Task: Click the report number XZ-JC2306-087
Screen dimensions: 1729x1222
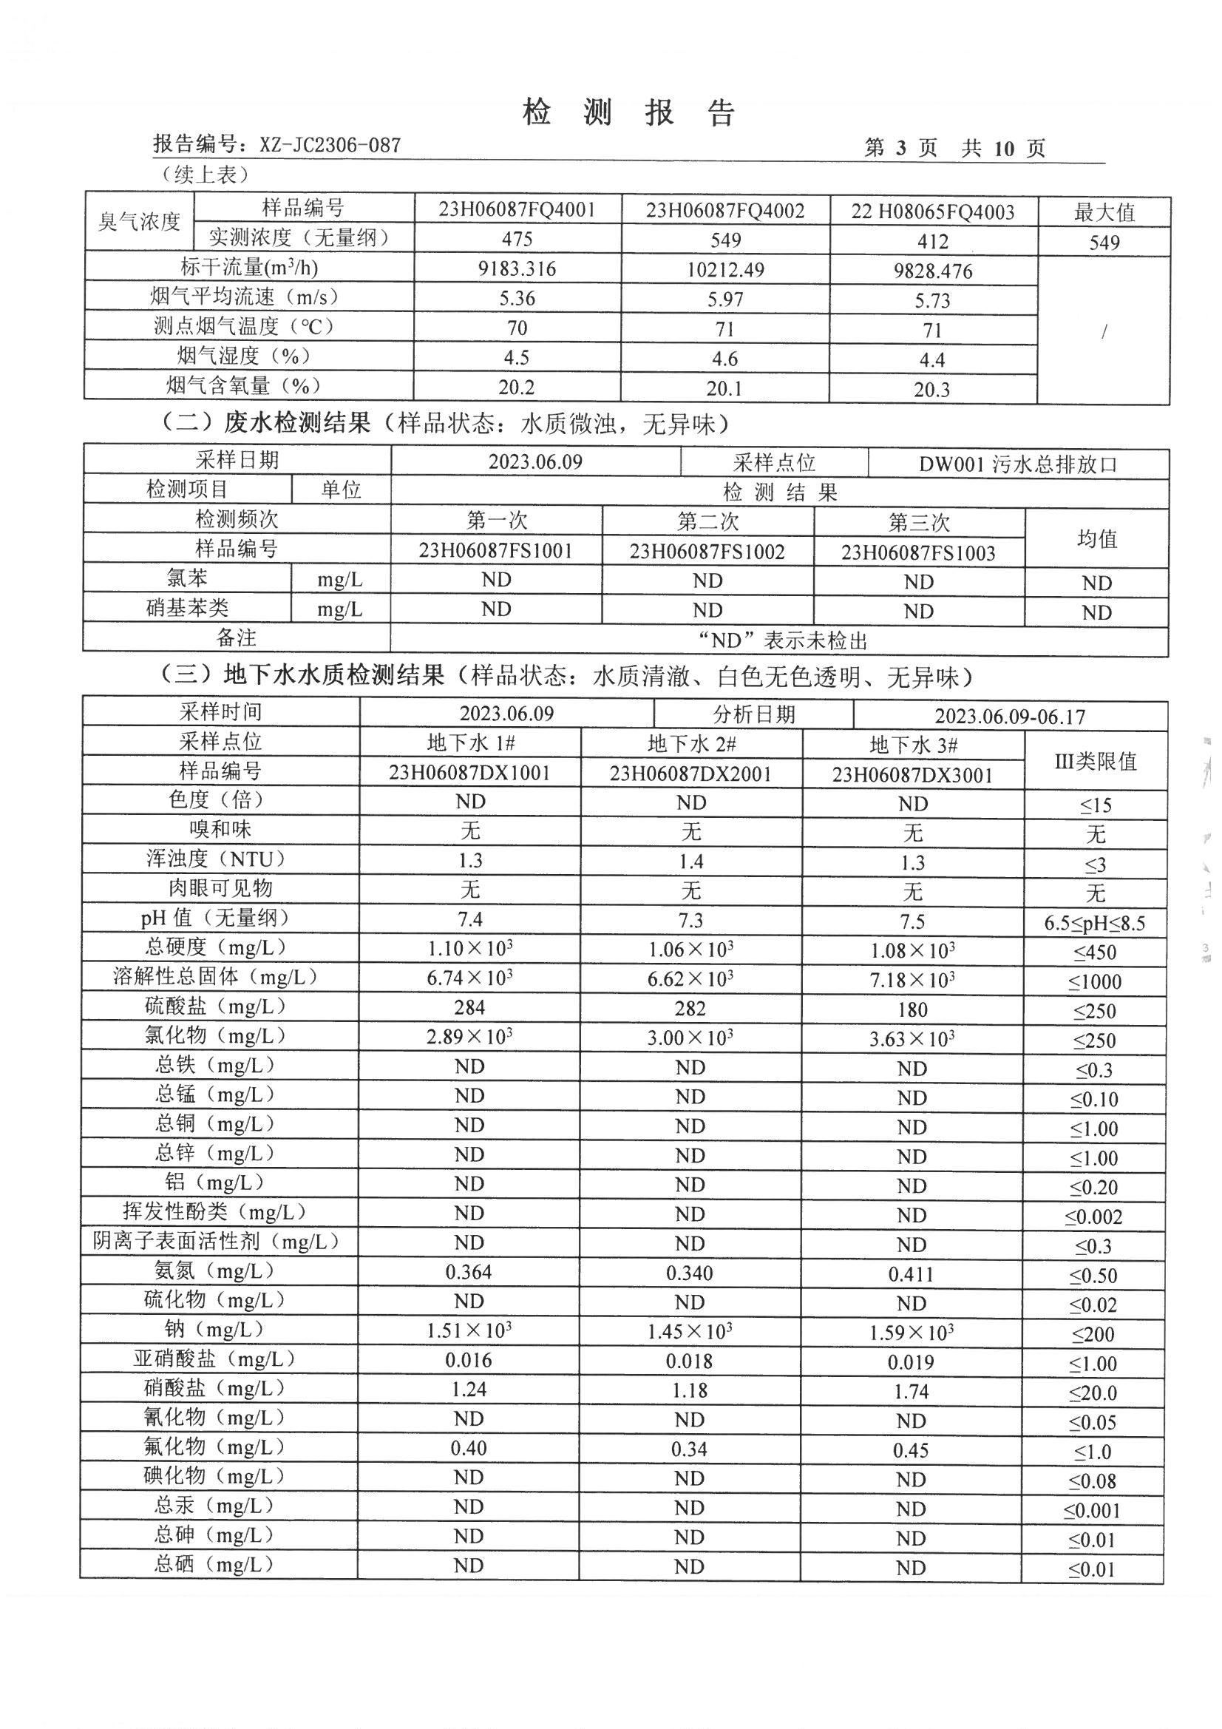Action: (x=330, y=145)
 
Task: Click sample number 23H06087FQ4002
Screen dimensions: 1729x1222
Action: (x=724, y=211)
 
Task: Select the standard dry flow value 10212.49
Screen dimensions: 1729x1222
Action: (x=724, y=270)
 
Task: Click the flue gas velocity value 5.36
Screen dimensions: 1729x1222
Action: (x=517, y=298)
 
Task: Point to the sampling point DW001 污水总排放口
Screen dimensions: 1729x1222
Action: (x=1017, y=464)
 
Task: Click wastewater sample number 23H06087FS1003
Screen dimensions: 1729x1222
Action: (x=918, y=552)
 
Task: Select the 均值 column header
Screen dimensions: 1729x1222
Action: (x=1096, y=538)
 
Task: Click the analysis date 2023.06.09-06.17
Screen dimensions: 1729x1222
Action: (x=1010, y=715)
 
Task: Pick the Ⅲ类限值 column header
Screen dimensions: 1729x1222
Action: (x=1095, y=761)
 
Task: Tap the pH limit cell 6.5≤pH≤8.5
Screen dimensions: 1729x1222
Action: (x=1094, y=923)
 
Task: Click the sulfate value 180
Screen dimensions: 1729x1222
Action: (x=912, y=1010)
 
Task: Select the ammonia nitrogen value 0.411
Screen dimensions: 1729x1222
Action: (x=911, y=1274)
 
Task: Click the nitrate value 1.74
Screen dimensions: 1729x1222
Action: (x=911, y=1392)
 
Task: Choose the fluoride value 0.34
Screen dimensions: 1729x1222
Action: (x=689, y=1449)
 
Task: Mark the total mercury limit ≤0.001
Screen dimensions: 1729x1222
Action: (x=1092, y=1510)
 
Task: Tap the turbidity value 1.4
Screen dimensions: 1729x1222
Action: (x=690, y=862)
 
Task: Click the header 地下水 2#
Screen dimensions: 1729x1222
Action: (x=691, y=744)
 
